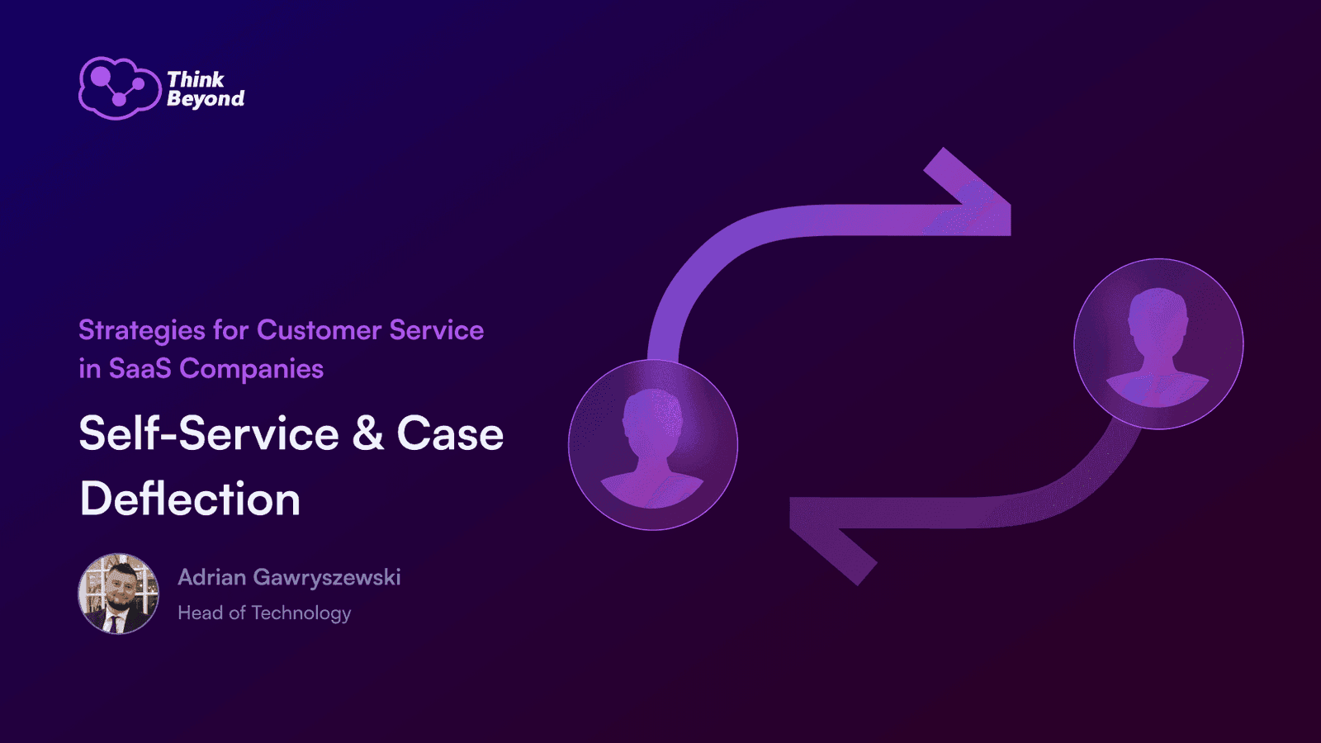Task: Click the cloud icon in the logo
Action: click(120, 88)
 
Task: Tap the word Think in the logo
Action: click(196, 79)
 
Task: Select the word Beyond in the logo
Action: click(206, 99)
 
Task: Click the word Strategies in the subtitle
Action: click(143, 331)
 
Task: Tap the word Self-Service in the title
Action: click(210, 433)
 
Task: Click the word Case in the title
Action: click(451, 433)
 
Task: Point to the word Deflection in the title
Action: click(190, 499)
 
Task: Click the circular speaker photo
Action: click(119, 594)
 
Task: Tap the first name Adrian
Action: click(211, 577)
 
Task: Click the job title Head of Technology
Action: click(264, 613)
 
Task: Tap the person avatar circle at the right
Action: click(1159, 343)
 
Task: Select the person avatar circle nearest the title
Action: click(653, 445)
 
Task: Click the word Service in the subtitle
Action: click(437, 330)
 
